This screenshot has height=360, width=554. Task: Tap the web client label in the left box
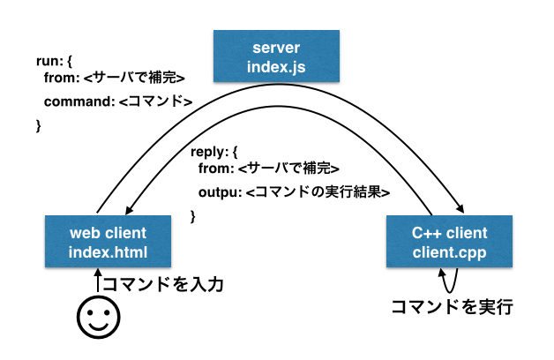(108, 234)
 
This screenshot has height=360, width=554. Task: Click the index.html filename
(108, 253)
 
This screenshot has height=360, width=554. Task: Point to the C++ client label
(449, 234)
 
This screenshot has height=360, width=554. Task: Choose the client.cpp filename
(449, 253)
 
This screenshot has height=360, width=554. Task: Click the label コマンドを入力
(163, 284)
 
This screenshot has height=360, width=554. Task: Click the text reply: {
(214, 152)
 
